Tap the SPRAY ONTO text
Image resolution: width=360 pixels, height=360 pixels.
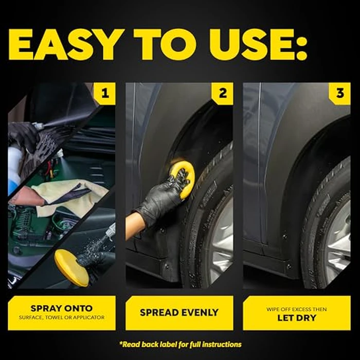tap(61, 309)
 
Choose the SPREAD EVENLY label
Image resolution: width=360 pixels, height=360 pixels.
tap(179, 312)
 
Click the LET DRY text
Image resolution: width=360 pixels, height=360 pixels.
tap(296, 317)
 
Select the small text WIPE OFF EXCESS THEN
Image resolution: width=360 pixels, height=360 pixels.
tap(296, 309)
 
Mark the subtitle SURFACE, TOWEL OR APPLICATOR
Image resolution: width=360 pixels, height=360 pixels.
tap(61, 317)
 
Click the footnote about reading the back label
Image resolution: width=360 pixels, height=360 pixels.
tap(179, 344)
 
